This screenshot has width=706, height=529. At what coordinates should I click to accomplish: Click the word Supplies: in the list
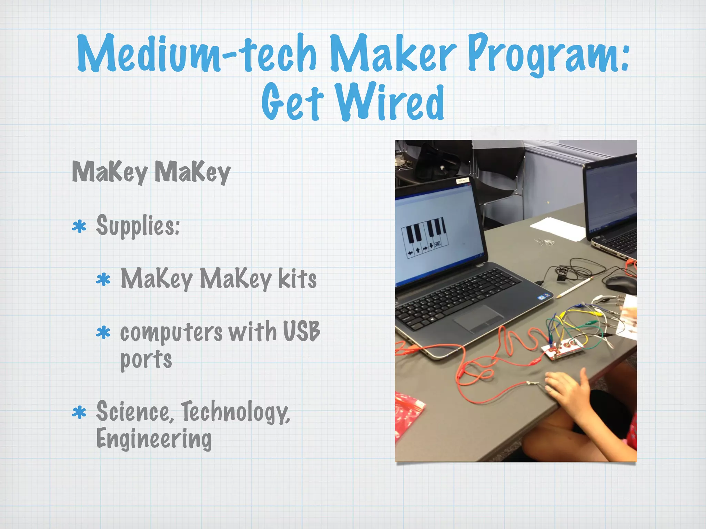tap(138, 226)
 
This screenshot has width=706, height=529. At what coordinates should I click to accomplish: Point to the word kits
tap(297, 279)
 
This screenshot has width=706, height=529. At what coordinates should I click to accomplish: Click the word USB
tap(301, 331)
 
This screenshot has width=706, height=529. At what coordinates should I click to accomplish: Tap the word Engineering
tap(154, 439)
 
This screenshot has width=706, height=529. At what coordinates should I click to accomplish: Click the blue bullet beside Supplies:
tap(79, 227)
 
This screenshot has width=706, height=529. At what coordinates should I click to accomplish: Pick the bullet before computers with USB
tap(103, 333)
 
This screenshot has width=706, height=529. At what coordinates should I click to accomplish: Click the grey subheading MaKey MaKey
tap(151, 172)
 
